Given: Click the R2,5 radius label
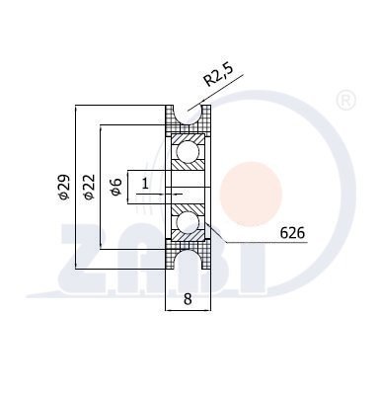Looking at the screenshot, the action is (218, 75).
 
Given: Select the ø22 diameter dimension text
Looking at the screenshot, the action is (89, 187).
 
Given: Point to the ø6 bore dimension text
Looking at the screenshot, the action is (116, 187).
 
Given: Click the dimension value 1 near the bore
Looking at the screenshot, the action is (145, 183).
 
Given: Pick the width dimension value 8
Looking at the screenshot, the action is (188, 299).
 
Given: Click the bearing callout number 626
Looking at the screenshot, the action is (292, 233).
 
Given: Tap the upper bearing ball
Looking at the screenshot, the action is (188, 152).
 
